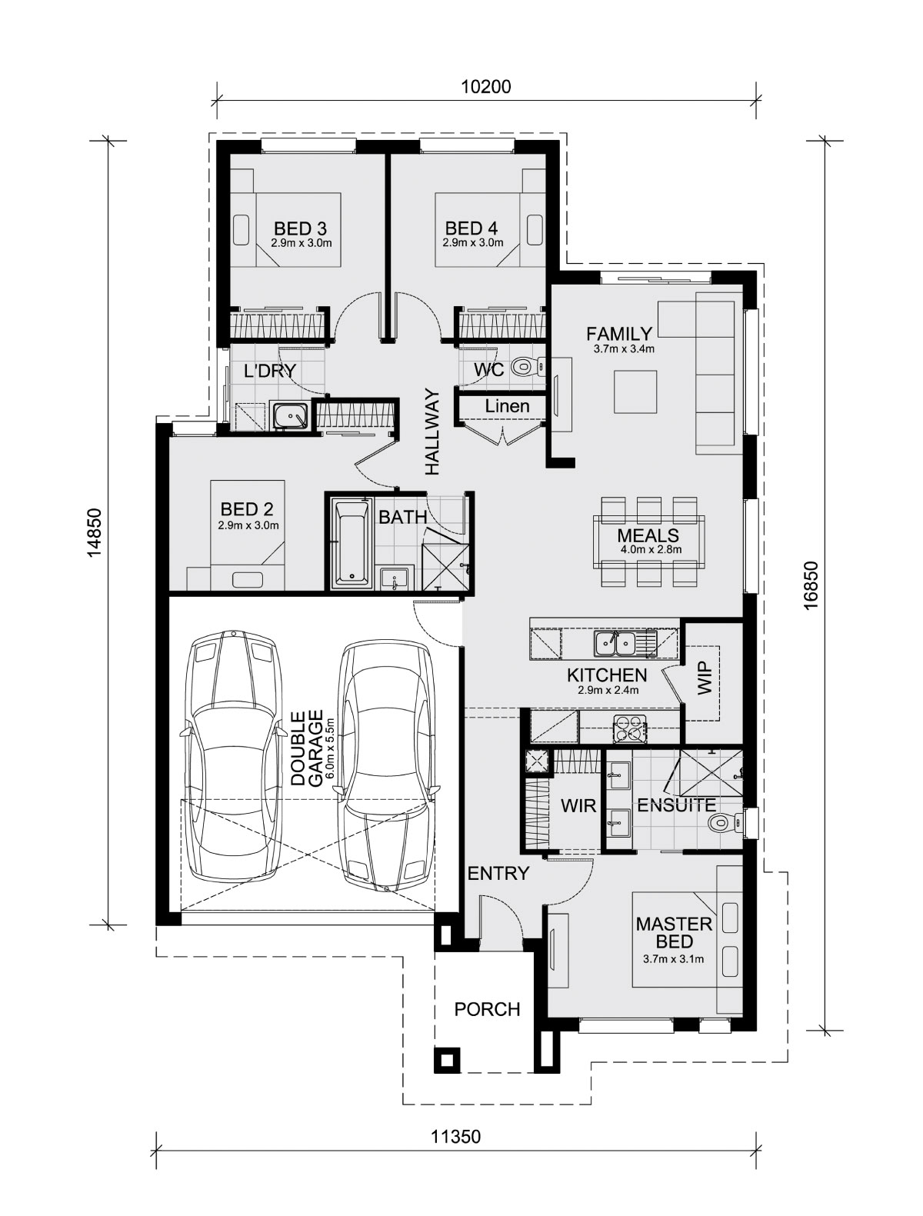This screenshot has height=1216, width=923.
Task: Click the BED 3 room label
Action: (300, 228)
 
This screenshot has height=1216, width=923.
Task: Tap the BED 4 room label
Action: (471, 228)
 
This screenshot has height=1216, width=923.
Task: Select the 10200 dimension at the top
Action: (485, 87)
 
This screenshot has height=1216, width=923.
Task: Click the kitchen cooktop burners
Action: (630, 728)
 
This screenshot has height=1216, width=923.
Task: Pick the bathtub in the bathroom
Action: (352, 541)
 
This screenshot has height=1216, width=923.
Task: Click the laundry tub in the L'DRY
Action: (290, 416)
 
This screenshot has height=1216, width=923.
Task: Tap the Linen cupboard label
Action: (507, 406)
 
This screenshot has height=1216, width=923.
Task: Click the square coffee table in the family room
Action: (635, 391)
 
